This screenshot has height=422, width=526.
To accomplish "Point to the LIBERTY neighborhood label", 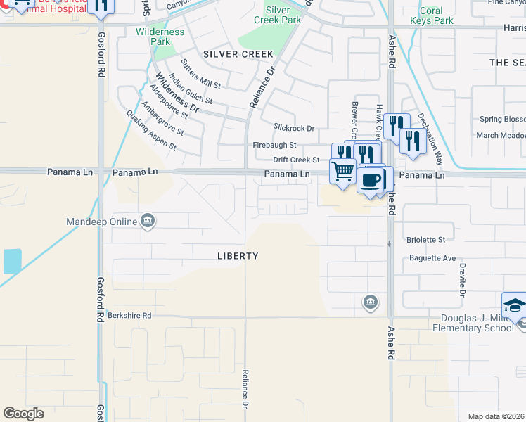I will [x=238, y=256].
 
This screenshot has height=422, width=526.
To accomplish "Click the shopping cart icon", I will [x=343, y=171].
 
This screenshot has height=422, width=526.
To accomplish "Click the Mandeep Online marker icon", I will [x=148, y=222].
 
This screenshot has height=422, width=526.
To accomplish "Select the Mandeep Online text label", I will [x=101, y=222].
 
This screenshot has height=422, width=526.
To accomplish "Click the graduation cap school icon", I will [x=514, y=307].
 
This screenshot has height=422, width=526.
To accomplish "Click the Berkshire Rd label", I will [x=129, y=316].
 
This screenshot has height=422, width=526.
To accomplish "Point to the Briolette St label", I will [x=426, y=240].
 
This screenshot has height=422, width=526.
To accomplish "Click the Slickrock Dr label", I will [x=294, y=128].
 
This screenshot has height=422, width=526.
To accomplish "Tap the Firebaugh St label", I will [x=275, y=145].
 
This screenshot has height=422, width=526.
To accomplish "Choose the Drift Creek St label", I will [x=297, y=160].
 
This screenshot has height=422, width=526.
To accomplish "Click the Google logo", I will [x=23, y=414].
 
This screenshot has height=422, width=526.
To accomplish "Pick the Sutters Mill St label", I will [x=200, y=74].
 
